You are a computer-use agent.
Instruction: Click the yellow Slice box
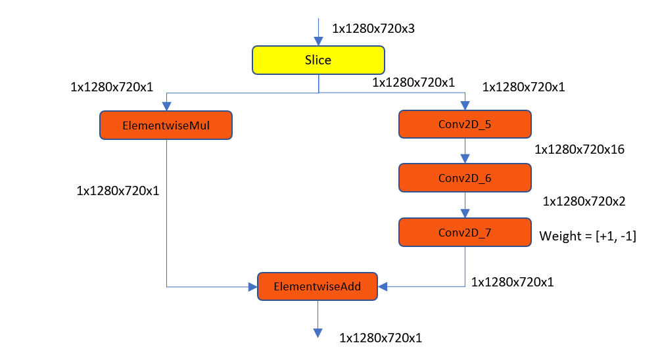click(x=318, y=60)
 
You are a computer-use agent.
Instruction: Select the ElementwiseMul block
click(x=166, y=125)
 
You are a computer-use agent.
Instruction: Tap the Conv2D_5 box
click(x=465, y=124)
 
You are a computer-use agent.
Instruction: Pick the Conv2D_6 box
click(x=465, y=177)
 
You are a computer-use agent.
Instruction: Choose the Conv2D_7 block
click(x=465, y=232)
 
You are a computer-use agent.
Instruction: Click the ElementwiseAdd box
click(x=318, y=286)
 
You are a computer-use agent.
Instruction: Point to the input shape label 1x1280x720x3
click(x=373, y=29)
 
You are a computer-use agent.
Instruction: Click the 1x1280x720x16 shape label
click(x=579, y=150)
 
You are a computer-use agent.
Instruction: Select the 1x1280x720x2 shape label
click(x=583, y=202)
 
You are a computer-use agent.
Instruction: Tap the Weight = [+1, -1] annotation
click(x=588, y=235)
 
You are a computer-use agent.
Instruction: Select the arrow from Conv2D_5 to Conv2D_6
click(x=465, y=150)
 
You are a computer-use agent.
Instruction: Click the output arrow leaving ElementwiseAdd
click(x=318, y=318)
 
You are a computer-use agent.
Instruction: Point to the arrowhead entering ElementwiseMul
click(x=166, y=106)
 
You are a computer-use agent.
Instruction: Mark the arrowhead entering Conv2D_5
click(x=465, y=106)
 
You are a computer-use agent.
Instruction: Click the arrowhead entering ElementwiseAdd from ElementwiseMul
click(x=252, y=286)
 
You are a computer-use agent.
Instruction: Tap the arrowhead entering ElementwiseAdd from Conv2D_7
click(x=384, y=286)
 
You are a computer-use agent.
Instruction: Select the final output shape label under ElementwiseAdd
click(x=381, y=338)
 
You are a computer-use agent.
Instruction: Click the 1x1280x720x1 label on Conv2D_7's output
click(x=513, y=282)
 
